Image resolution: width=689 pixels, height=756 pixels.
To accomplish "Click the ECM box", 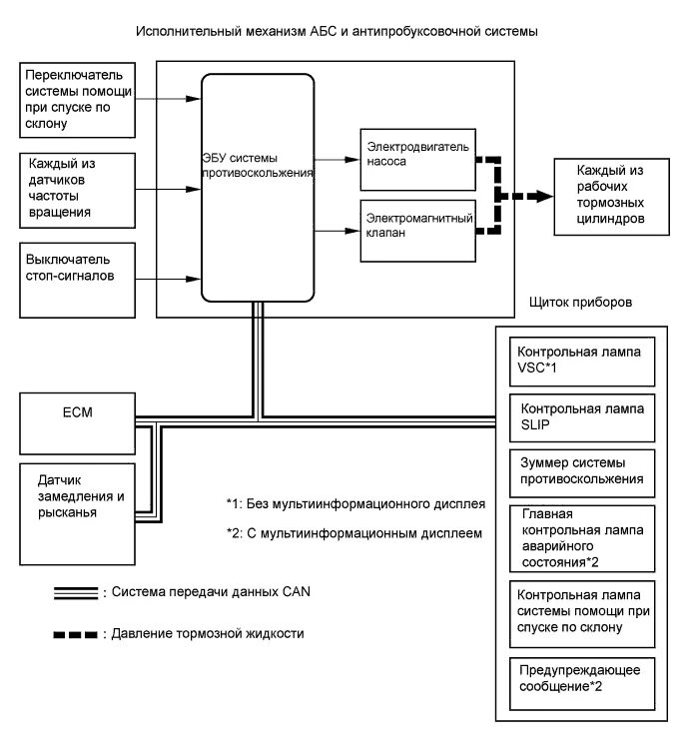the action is pos(77,423).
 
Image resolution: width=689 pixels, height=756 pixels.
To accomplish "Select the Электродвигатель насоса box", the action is pos(418,160).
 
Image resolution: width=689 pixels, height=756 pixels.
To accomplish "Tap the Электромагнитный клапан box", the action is pos(418,231).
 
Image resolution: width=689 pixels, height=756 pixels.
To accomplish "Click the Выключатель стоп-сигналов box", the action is pos(77,280).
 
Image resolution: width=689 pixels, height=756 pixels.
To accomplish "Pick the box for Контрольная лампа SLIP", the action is pos(582,417).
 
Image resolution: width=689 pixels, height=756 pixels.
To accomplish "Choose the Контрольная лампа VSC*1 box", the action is pos(582,362).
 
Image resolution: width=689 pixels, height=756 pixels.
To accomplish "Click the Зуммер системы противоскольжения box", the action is pos(582,473).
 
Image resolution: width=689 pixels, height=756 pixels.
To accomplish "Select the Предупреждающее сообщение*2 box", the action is pos(582,684).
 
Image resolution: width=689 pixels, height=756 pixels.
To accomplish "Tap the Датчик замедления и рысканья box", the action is pos(77,514).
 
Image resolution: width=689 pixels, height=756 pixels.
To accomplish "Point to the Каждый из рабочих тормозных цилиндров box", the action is pos(611,197).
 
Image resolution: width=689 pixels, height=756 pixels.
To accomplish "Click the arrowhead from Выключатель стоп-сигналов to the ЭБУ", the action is pos(194,279).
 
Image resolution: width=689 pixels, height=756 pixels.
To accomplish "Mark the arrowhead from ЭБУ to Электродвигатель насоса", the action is pos(352,159).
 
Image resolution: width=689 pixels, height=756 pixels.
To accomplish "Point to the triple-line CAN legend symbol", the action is pos(76,593).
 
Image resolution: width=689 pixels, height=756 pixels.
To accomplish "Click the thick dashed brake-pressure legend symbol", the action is pos(76,634).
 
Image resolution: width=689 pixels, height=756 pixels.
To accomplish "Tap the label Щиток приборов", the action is pos(580,303).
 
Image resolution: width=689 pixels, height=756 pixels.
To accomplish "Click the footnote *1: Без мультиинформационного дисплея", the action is pos(355,504).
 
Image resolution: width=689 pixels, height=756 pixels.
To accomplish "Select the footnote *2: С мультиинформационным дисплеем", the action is pos(354,533).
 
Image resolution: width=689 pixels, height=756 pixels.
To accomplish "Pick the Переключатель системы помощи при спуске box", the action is pos(77,100).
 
